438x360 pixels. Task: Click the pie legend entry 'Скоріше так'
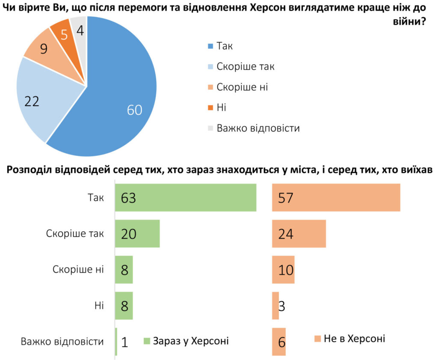(x=245, y=66)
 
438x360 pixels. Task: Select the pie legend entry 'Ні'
(x=221, y=107)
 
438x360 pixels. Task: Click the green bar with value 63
(x=185, y=197)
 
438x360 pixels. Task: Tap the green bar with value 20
(x=137, y=234)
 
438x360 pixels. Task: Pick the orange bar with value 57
(x=336, y=197)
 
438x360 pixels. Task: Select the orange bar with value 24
(x=299, y=234)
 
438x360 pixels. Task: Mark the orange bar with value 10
(x=283, y=270)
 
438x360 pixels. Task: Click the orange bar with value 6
(x=279, y=342)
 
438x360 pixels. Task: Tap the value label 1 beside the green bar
(x=124, y=342)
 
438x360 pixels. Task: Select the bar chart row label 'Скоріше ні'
(x=78, y=270)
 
